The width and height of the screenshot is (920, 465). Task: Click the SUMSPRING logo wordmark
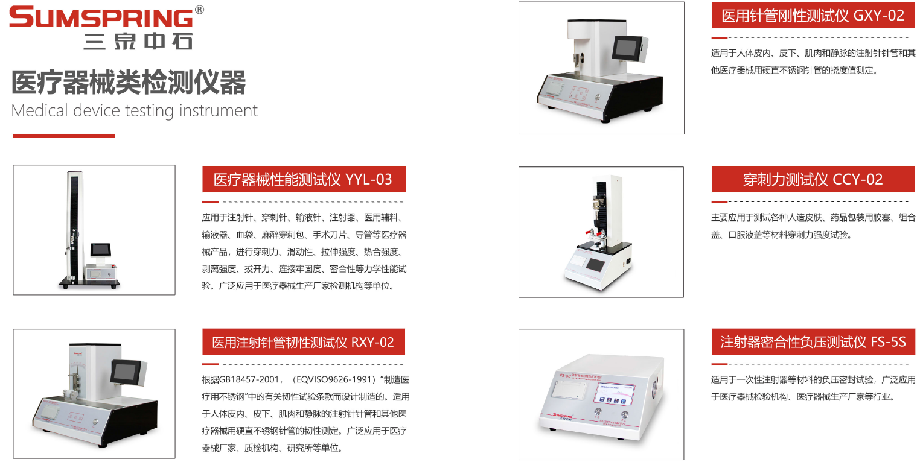(101, 17)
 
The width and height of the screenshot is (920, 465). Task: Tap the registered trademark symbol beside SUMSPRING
(199, 10)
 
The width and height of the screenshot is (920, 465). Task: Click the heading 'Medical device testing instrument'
(134, 111)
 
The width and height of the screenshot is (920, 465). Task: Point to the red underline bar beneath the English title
(63, 136)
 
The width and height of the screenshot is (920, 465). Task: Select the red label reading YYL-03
(304, 179)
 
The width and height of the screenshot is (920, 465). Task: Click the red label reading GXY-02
(813, 16)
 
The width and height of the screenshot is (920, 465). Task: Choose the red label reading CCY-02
(813, 179)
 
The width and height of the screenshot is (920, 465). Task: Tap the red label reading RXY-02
(304, 342)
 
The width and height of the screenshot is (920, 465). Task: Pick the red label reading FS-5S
(813, 342)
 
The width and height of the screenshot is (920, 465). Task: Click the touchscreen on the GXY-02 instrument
(628, 48)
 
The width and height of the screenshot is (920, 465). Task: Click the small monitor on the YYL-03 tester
(101, 250)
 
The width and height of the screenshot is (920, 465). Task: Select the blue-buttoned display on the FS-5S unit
(613, 394)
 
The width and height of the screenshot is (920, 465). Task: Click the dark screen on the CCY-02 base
(595, 265)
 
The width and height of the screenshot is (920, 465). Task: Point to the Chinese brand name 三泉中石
(138, 42)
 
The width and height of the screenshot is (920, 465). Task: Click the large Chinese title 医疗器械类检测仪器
(129, 83)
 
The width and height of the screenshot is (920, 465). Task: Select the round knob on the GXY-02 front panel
(597, 98)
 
